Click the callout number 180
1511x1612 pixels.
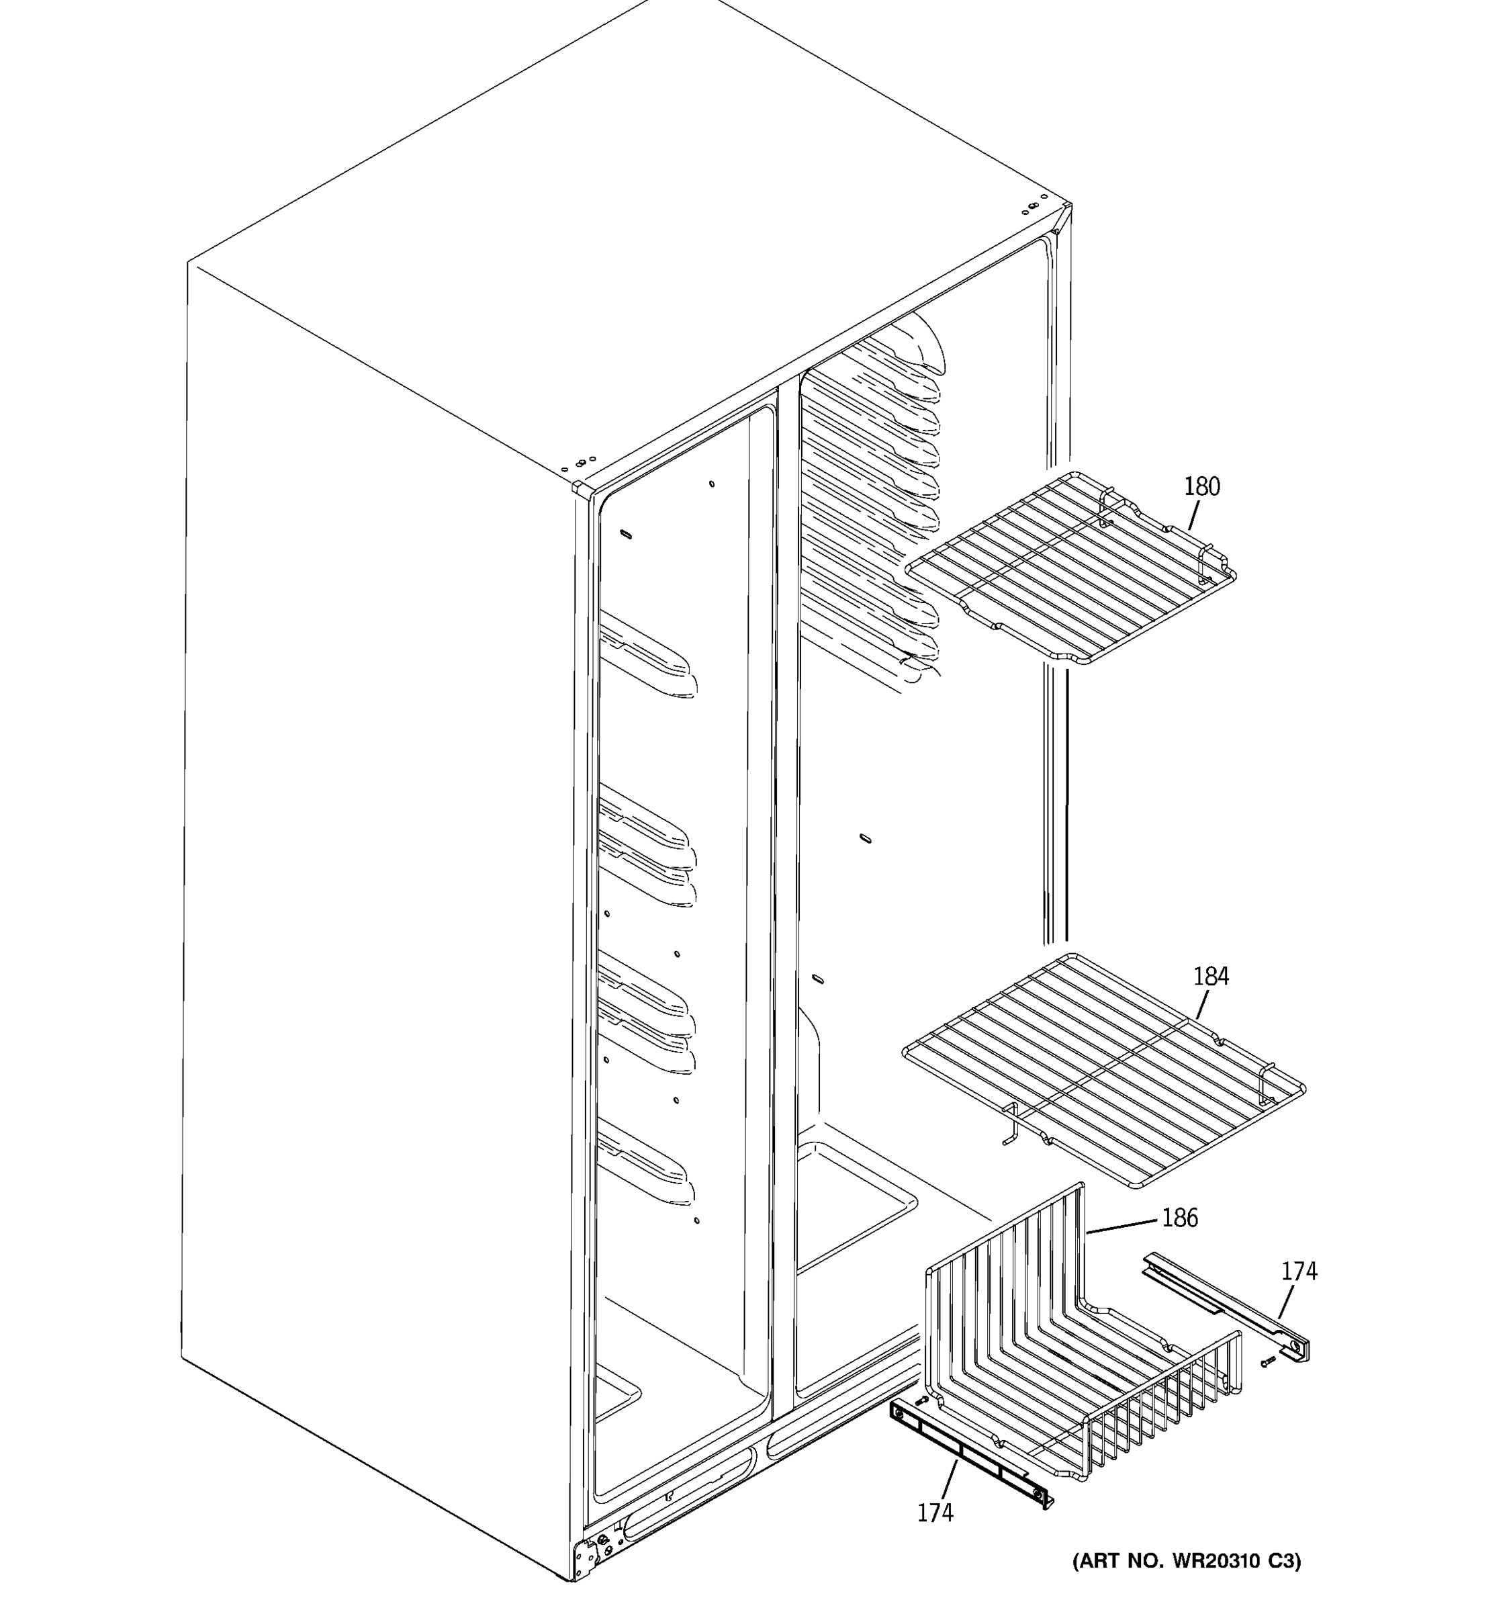[1201, 486]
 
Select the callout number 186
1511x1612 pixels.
[1179, 1241]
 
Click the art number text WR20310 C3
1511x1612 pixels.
[1187, 1561]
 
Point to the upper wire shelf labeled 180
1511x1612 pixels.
[1070, 568]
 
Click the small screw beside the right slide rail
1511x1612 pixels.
[1269, 1361]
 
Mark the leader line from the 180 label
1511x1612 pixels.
[1194, 515]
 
